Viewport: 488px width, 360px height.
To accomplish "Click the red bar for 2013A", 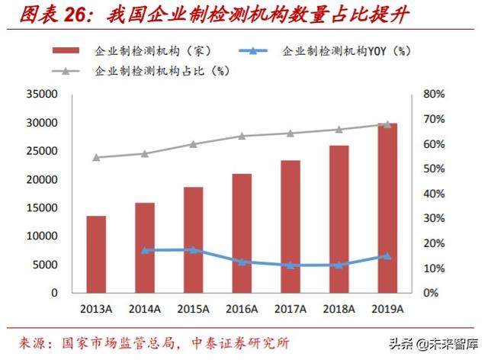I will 96,254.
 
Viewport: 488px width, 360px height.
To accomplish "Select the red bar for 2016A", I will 242,233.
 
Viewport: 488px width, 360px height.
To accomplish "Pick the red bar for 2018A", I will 339,219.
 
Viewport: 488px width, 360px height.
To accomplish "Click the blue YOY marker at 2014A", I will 145,250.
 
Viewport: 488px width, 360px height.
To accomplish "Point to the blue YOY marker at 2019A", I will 388,256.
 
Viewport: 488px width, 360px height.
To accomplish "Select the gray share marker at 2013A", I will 96,158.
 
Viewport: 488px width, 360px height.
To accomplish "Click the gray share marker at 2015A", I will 194,144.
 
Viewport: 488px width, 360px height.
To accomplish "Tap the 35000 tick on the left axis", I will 43,95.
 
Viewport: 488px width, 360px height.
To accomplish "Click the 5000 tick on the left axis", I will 46,265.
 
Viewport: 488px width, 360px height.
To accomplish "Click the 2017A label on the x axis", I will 291,308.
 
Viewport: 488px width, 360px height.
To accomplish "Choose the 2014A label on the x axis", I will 145,308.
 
